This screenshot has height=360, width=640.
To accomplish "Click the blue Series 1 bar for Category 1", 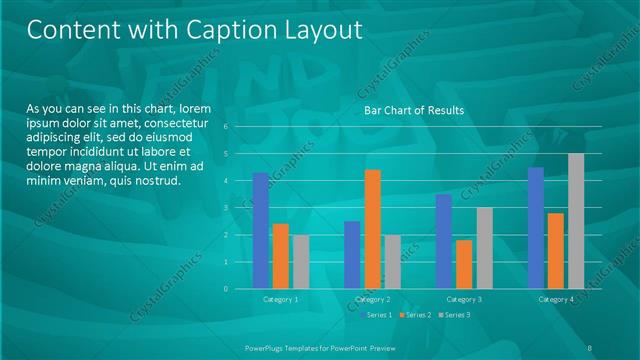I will (260, 230).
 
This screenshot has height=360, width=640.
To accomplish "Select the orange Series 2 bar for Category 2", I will (372, 229).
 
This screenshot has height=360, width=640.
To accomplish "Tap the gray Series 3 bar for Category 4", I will (576, 221).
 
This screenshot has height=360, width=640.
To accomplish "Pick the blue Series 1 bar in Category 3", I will (444, 241).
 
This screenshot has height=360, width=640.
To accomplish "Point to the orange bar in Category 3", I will (464, 264).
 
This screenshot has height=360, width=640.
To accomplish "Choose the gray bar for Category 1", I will (300, 261).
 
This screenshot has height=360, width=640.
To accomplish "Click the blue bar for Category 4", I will (536, 227).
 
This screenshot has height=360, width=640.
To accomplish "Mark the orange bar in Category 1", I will (280, 256).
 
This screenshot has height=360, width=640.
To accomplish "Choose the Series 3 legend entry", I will (456, 315).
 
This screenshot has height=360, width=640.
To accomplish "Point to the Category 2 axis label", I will (372, 299).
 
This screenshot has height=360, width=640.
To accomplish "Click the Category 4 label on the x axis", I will (556, 299).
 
